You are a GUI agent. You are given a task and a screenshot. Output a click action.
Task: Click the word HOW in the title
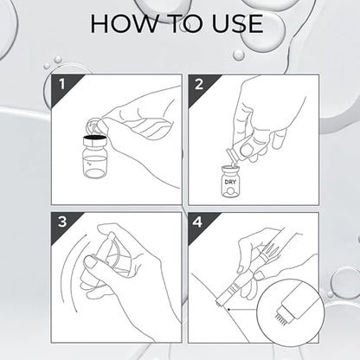(x=125, y=23)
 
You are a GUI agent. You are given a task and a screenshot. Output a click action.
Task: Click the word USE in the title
(x=237, y=23)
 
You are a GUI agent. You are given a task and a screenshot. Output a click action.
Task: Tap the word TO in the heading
(x=185, y=23)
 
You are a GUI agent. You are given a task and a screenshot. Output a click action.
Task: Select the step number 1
(x=62, y=85)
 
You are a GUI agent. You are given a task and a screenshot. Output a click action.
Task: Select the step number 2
(x=199, y=85)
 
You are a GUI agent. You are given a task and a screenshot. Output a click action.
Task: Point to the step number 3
(x=62, y=222)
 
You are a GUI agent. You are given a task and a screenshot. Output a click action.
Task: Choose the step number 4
(x=197, y=222)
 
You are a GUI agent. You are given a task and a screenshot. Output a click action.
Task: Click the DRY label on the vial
(x=230, y=182)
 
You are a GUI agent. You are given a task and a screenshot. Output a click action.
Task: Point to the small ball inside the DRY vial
(x=230, y=191)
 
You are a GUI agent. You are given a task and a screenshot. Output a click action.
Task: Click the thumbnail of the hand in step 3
(x=90, y=262)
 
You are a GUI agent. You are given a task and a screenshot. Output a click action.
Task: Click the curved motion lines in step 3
(x=66, y=273)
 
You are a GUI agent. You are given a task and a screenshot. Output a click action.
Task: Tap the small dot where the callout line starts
(x=228, y=310)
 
